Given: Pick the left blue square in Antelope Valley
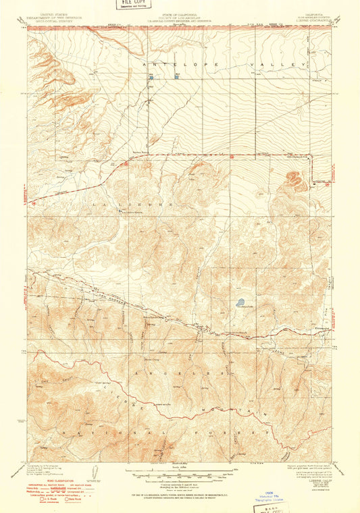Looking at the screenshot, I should click(151, 78).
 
